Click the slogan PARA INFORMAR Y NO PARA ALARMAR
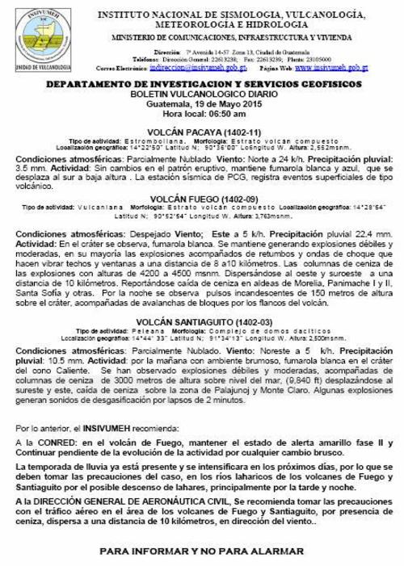click(x=202, y=550)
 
